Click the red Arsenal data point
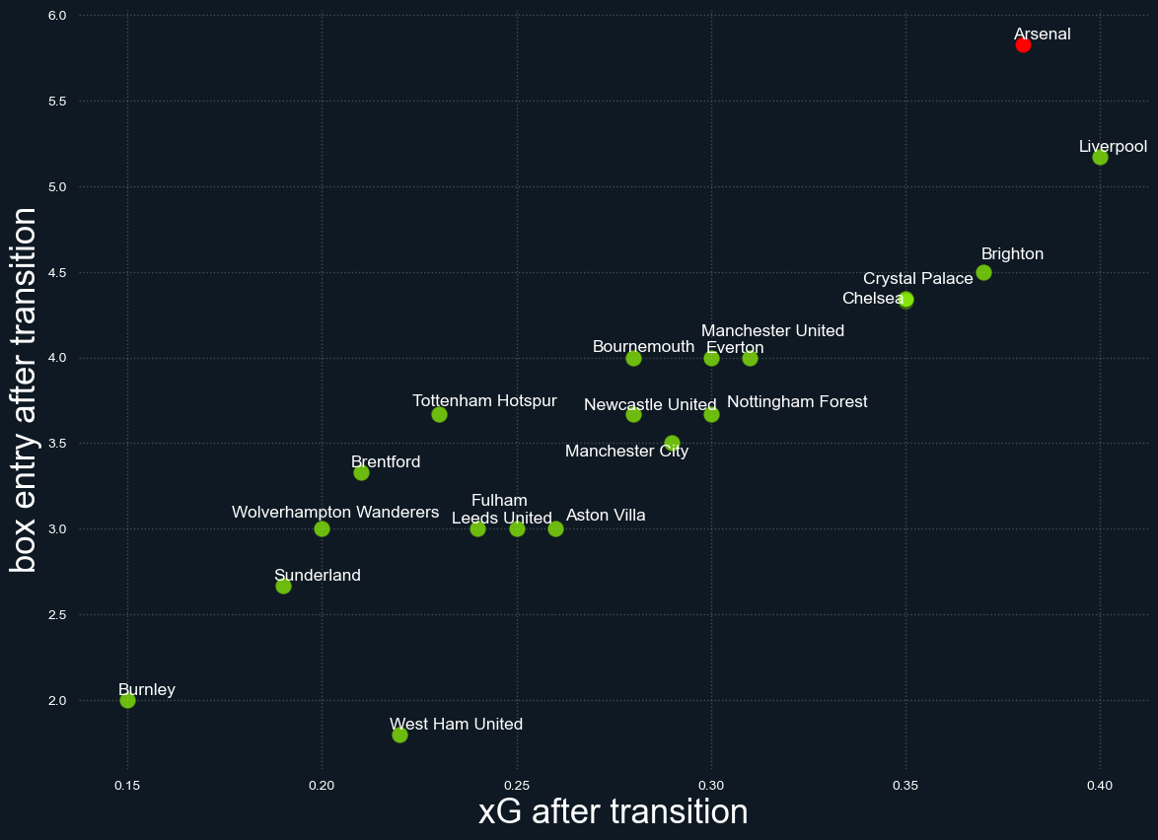pos(1023,44)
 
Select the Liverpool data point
pos(1100,158)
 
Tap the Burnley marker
pos(127,700)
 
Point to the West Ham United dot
pos(399,735)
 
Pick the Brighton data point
pos(983,272)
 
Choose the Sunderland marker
pos(283,586)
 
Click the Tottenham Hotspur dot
pos(439,414)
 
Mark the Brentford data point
pos(361,472)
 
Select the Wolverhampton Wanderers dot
pos(322,528)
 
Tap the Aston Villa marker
pos(555,528)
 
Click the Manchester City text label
pos(626,452)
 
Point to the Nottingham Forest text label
pos(797,402)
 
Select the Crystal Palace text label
pos(917,279)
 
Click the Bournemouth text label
pos(643,347)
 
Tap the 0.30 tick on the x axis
pos(711,786)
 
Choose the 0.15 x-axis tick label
pos(127,786)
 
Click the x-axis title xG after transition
pos(613,811)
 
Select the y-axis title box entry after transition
pos(24,389)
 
